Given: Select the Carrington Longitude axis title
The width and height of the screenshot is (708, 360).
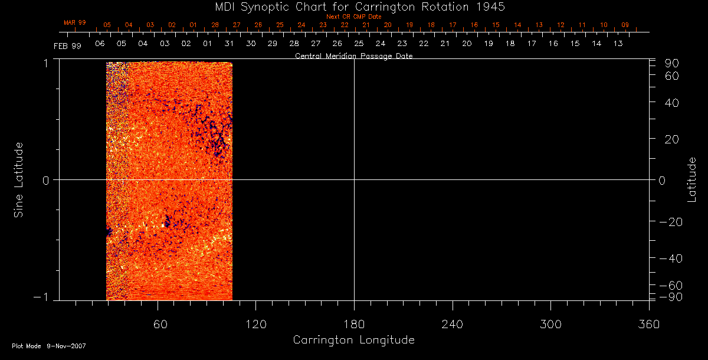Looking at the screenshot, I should click(353, 340).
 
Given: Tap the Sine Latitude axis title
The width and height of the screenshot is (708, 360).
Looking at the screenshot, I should click(19, 179).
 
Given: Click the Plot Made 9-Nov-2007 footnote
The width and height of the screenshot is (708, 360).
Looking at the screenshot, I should click(49, 346).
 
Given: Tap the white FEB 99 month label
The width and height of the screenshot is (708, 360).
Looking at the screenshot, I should click(67, 46).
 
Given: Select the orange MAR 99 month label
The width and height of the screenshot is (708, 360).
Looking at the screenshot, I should click(75, 22).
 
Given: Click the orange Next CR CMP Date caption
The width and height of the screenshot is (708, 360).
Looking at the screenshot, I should click(353, 17).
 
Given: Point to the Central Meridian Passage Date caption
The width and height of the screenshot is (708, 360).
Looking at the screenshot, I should click(353, 56).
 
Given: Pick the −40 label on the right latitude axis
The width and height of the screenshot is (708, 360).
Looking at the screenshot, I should click(670, 258).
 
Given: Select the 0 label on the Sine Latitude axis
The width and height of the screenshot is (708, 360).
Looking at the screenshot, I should click(45, 180).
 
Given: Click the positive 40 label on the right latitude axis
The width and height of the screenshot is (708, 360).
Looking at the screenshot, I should click(673, 103).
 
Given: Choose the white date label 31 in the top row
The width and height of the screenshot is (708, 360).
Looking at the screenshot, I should click(229, 44).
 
